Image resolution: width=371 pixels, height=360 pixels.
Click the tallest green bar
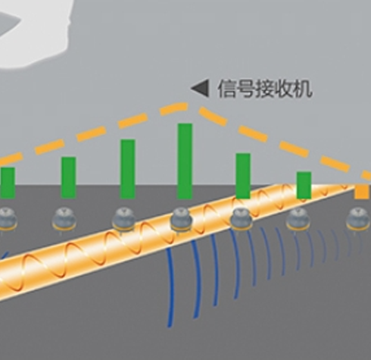(x=185, y=161)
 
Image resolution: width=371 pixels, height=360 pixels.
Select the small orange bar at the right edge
(x=363, y=192)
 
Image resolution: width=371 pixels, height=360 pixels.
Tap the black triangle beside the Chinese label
(x=200, y=88)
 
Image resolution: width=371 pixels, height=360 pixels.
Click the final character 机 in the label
(x=303, y=89)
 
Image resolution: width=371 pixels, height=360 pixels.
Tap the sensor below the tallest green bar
(x=181, y=220)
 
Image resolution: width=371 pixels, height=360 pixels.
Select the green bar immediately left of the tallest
(x=128, y=169)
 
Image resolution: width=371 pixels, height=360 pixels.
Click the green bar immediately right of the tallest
(x=243, y=176)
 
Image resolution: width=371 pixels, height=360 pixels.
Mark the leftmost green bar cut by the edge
(x=8, y=183)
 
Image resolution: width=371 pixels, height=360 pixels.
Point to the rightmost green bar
(x=304, y=185)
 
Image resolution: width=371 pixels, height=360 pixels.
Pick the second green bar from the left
(x=69, y=177)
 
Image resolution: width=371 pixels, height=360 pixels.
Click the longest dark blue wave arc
(x=172, y=288)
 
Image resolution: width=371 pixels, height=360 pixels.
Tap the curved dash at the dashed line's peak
(x=174, y=108)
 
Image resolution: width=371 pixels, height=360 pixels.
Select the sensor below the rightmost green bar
(x=298, y=219)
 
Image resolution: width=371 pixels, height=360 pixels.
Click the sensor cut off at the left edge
(x=8, y=219)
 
